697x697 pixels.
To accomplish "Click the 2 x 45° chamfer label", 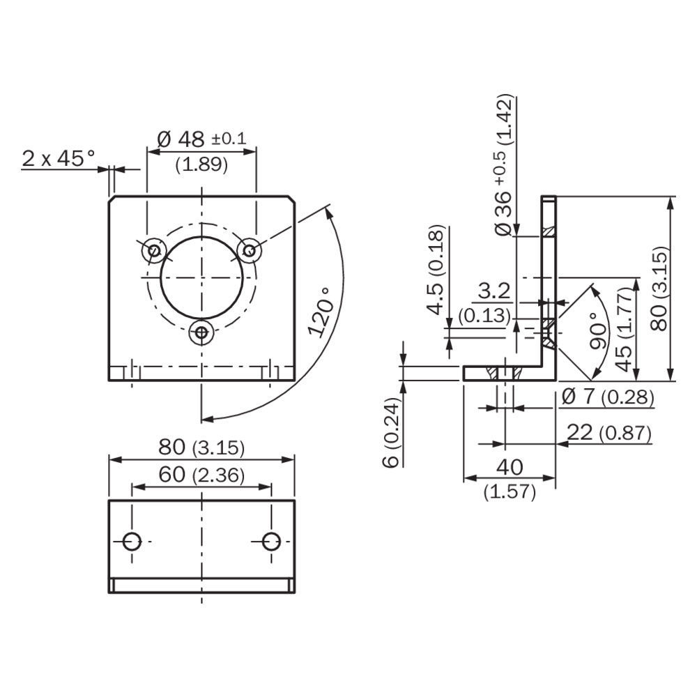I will tap(59, 159).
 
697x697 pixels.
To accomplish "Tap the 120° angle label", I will tap(321, 312).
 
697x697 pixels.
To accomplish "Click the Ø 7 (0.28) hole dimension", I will tap(607, 398).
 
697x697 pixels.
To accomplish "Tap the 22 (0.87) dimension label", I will tap(608, 434).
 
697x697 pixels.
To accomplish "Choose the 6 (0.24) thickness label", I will tap(392, 433).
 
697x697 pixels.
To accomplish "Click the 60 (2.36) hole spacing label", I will tap(201, 475).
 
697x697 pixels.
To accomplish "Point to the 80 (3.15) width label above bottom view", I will tap(201, 447).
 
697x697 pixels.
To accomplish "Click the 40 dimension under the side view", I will tap(510, 466).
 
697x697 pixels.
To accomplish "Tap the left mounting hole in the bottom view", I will tap(132, 540).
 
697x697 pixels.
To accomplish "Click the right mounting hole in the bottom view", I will tap(272, 540).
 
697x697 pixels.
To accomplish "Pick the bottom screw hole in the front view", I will tap(202, 333).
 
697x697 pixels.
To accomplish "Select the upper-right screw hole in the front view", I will tap(249, 249).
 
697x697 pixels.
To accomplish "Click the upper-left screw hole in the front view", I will tap(155, 250).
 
